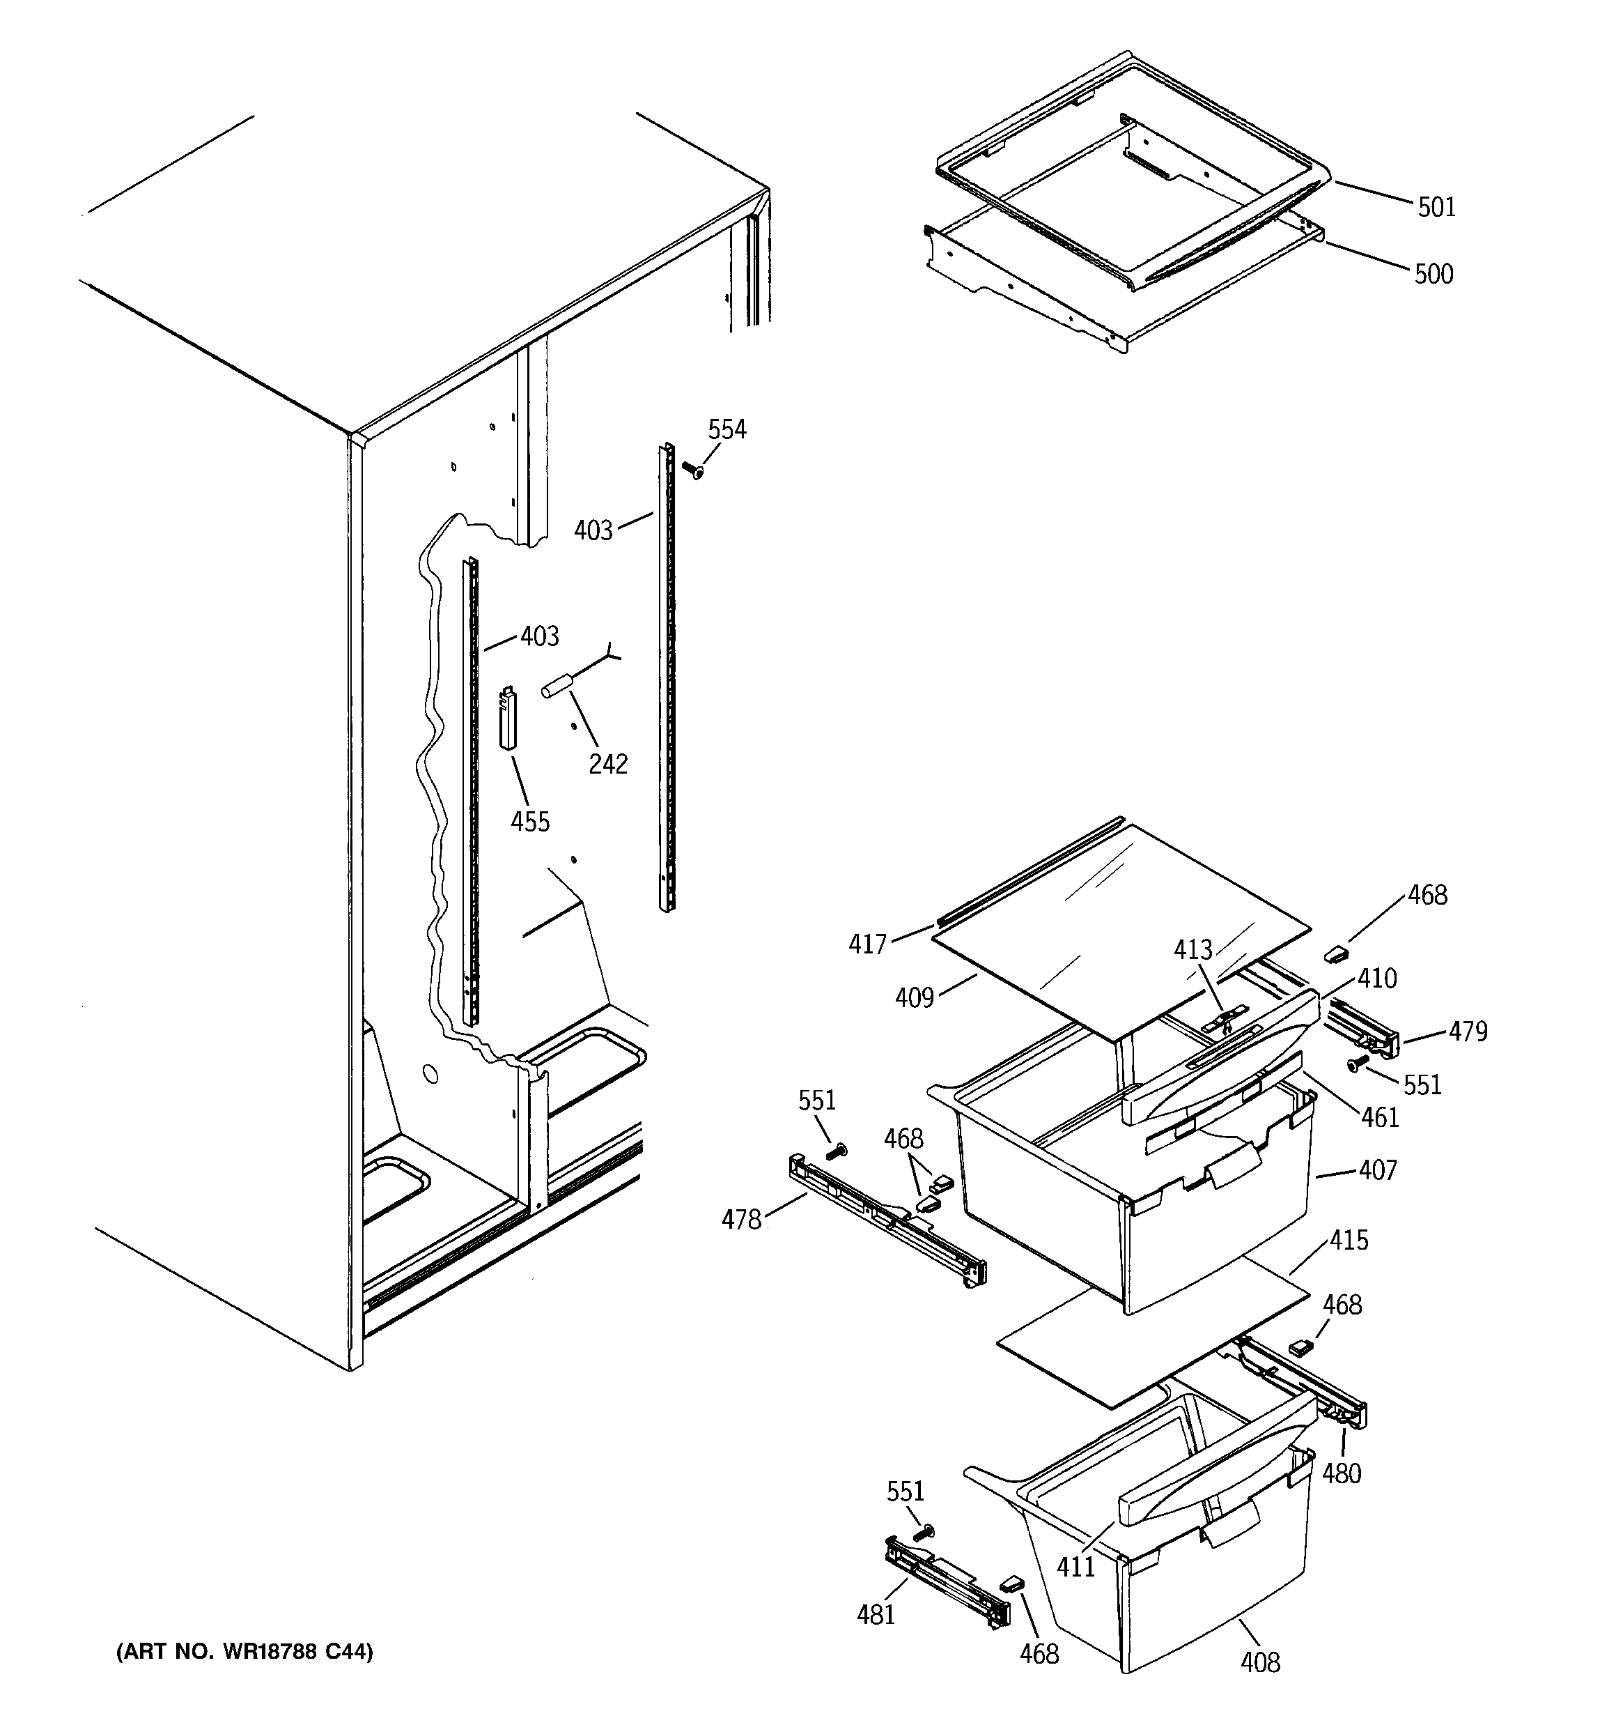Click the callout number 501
(x=1436, y=208)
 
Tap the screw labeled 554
(x=693, y=471)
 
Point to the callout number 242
(x=608, y=764)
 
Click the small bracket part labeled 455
(x=508, y=716)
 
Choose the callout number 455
(x=530, y=821)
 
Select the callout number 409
(x=915, y=998)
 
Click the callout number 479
(x=1468, y=1031)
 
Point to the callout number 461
(x=1380, y=1116)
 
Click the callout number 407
(x=1378, y=1170)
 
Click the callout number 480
(x=1341, y=1473)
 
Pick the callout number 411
(x=1076, y=1566)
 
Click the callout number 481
(x=876, y=1614)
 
